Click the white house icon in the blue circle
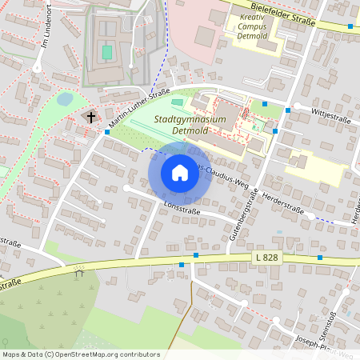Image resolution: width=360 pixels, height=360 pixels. point(180,173)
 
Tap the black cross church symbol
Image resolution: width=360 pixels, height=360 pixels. point(91,118)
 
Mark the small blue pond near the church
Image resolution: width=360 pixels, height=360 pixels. point(65,99)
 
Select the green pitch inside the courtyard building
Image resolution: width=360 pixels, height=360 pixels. point(106,52)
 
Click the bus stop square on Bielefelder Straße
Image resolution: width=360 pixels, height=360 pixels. point(350,26)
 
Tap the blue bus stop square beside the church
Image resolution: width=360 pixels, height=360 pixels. point(106,130)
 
